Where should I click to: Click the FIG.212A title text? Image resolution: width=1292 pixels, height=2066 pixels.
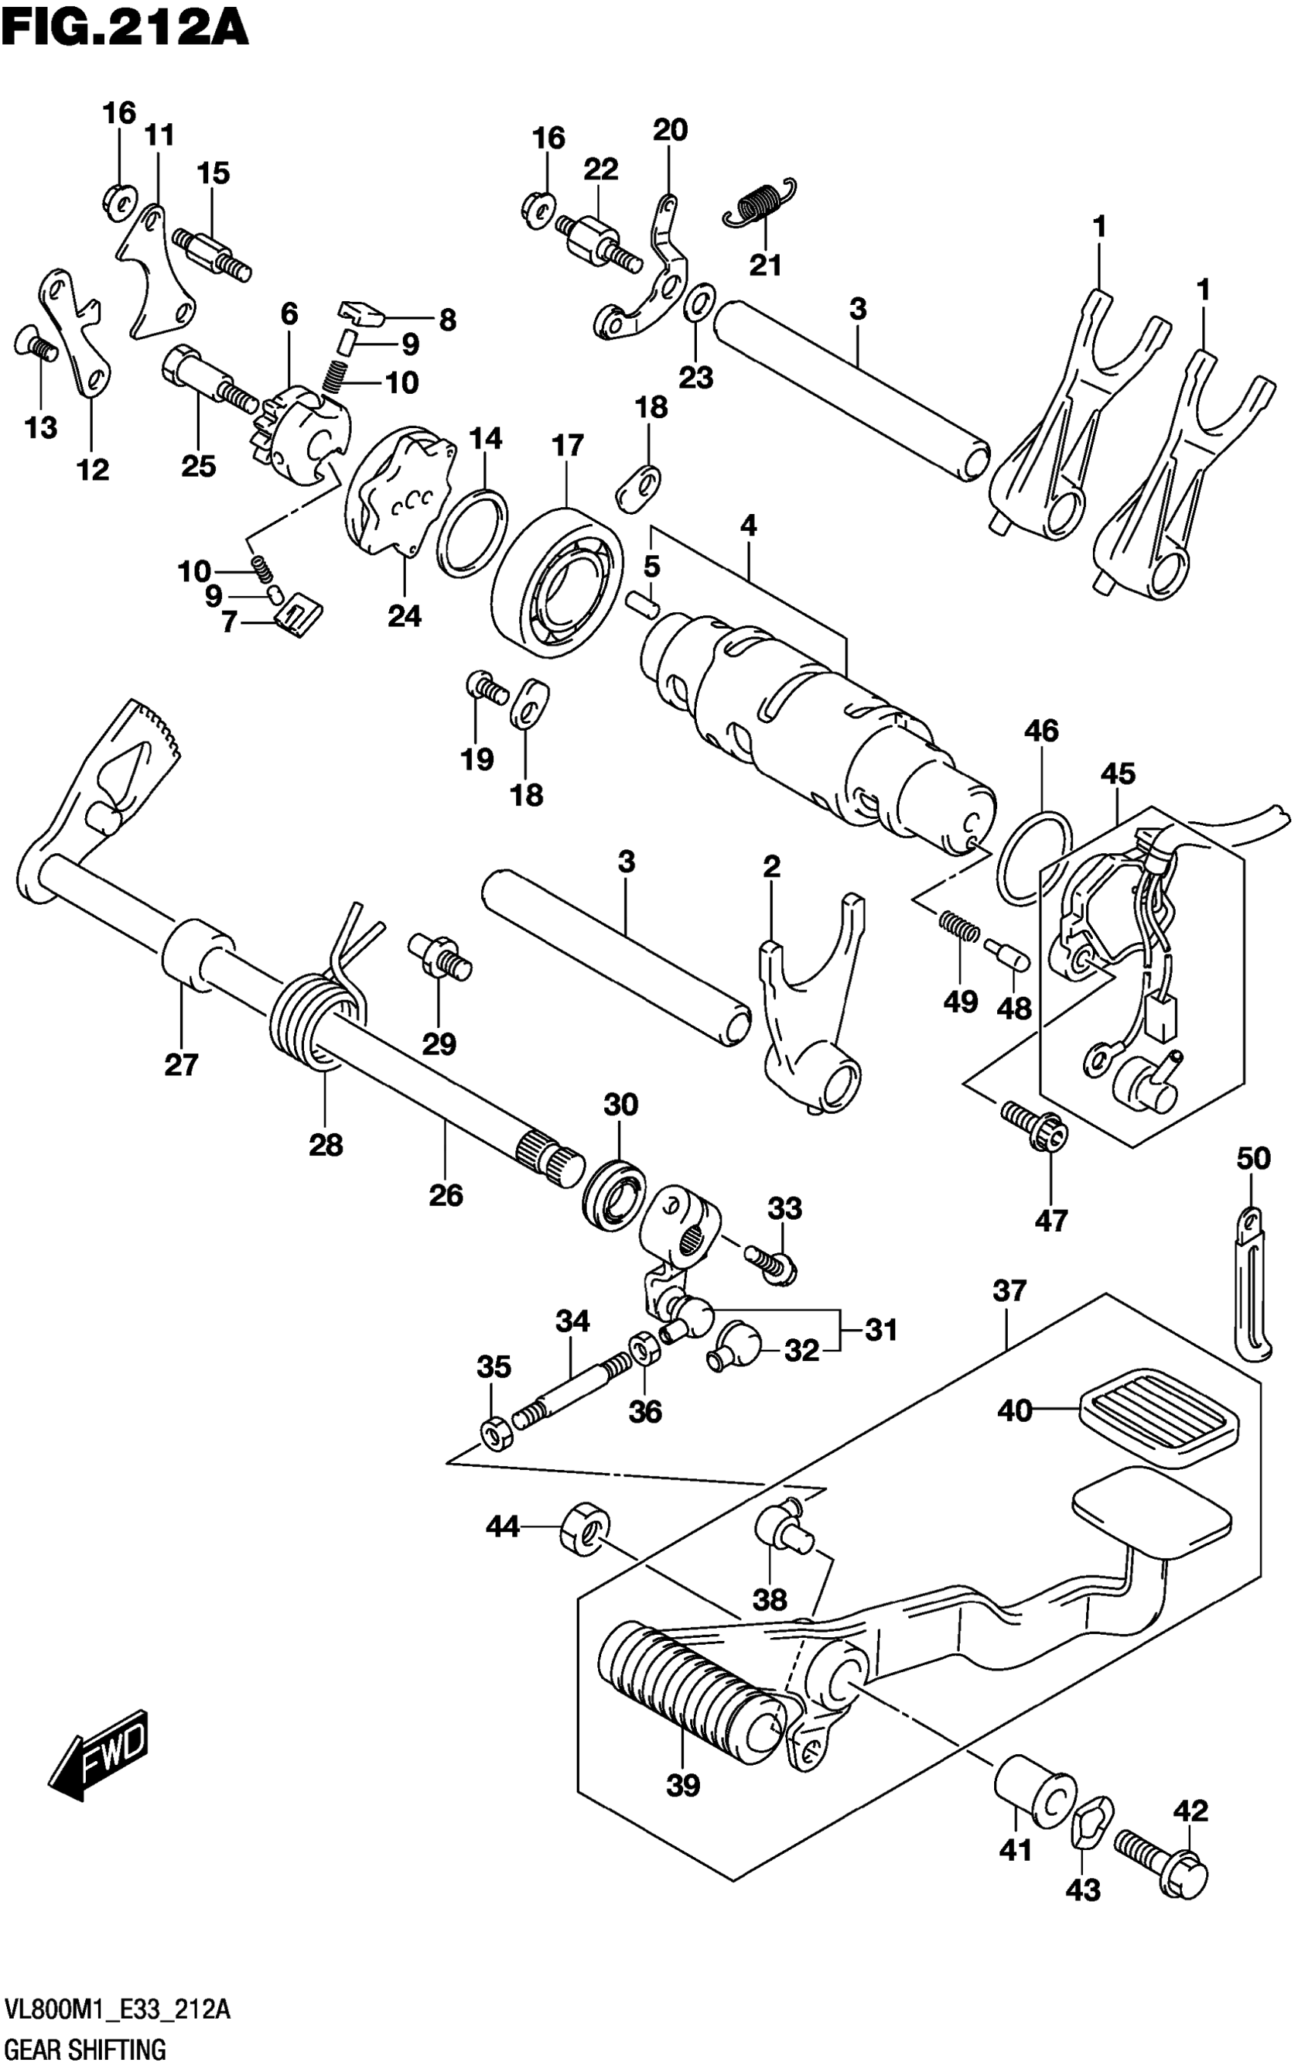pos(125,27)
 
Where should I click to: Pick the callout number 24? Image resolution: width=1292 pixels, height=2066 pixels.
pos(404,615)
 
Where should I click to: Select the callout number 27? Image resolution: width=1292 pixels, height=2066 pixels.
pos(181,1065)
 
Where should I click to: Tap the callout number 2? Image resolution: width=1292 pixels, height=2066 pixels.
pos(771,868)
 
